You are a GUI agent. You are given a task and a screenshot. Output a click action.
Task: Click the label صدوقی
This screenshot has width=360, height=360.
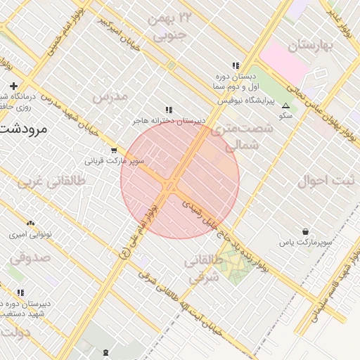(x=30, y=257)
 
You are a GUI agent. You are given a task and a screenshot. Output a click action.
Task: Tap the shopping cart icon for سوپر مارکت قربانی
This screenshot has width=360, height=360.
(x=114, y=150)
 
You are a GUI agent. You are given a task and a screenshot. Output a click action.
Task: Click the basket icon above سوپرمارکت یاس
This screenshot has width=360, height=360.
(x=305, y=231)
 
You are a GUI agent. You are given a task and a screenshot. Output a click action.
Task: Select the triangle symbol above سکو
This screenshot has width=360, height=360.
(x=285, y=106)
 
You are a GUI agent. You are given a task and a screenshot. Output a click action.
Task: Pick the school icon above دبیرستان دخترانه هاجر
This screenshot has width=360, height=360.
(x=168, y=110)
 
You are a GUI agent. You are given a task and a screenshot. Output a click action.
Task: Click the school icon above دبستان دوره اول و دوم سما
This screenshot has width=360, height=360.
(x=236, y=65)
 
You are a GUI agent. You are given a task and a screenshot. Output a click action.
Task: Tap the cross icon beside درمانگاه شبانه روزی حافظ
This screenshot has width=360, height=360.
(x=13, y=86)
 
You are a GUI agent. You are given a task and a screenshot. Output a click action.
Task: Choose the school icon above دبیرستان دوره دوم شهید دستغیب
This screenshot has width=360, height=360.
(x=20, y=292)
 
